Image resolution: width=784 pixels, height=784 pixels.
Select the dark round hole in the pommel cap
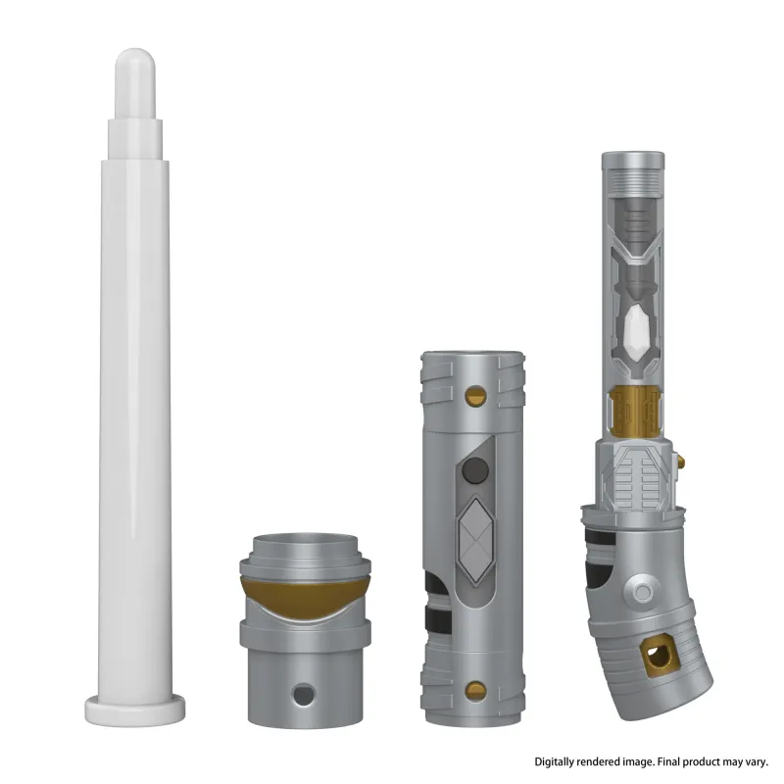304,695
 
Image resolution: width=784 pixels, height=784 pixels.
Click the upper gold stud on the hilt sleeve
475,396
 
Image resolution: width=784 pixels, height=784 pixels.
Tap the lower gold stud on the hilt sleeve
475,691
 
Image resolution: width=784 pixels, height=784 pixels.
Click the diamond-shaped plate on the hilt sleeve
476,542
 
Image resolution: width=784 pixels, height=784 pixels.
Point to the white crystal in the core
636,329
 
